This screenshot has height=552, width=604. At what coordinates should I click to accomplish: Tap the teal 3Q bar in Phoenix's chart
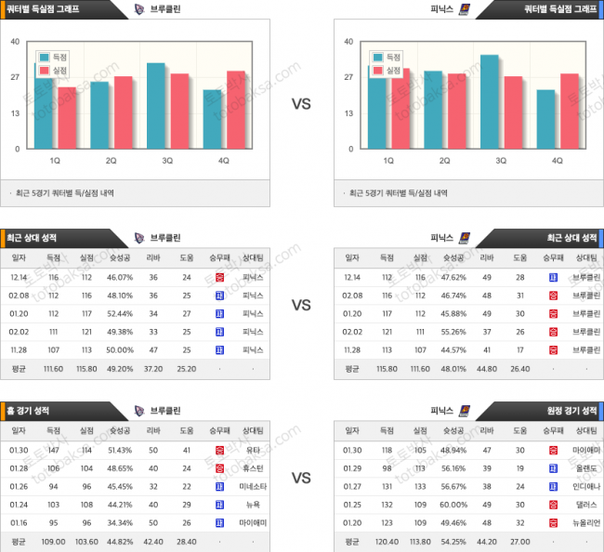tap(489, 101)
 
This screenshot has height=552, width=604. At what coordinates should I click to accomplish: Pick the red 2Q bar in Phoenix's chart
tap(457, 112)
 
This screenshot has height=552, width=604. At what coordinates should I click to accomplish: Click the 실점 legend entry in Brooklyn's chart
tap(55, 71)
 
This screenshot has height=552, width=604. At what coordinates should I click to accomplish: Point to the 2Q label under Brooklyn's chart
tap(111, 161)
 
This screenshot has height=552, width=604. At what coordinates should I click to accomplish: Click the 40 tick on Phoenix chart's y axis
tap(348, 42)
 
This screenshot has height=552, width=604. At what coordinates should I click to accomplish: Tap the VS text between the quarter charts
tap(301, 104)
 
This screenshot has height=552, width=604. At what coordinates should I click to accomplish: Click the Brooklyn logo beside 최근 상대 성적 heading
tap(139, 237)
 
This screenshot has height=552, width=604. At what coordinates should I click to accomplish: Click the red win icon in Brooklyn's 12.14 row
tap(219, 277)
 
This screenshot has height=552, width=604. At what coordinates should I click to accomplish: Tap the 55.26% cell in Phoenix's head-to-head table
tap(453, 331)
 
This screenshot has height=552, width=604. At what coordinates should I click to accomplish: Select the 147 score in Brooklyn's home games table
tap(53, 450)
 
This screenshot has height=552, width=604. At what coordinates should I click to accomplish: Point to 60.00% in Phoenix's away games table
tap(453, 505)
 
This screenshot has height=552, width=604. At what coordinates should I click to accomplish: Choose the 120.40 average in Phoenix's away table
tap(387, 541)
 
